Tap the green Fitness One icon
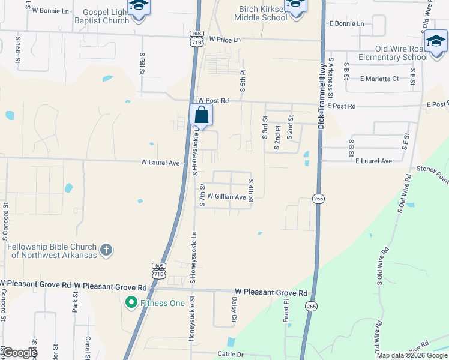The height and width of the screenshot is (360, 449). point(130,303)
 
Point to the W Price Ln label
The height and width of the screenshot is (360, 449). point(224,39)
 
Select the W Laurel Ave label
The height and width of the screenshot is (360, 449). point(161,162)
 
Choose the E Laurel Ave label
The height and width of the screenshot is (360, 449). point(373,161)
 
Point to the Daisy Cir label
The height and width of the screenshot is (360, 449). point(234,311)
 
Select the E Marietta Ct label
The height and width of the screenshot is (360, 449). point(379,79)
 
